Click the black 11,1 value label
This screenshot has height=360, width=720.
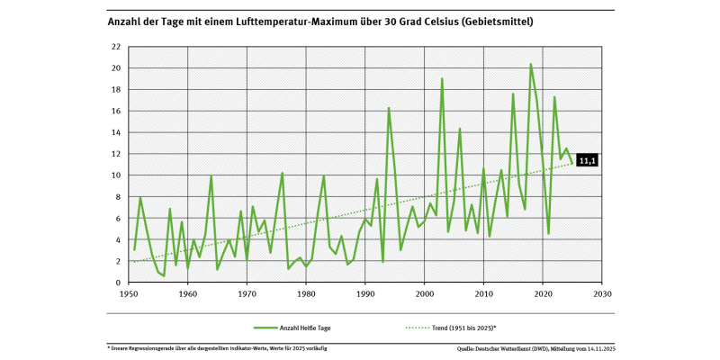(x=586, y=160)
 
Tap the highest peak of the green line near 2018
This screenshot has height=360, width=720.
(x=531, y=64)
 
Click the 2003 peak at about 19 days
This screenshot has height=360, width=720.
(x=442, y=79)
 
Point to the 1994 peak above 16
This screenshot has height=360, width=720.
(x=389, y=108)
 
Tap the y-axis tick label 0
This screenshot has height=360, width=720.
(x=119, y=283)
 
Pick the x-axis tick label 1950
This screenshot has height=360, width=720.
(x=128, y=294)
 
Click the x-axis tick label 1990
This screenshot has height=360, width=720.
(x=364, y=294)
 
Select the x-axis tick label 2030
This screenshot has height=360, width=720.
(x=602, y=294)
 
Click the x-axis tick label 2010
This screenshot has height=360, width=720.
(x=483, y=294)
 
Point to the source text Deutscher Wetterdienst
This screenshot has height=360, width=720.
(x=522, y=347)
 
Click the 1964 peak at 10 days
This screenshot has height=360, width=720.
(x=211, y=176)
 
